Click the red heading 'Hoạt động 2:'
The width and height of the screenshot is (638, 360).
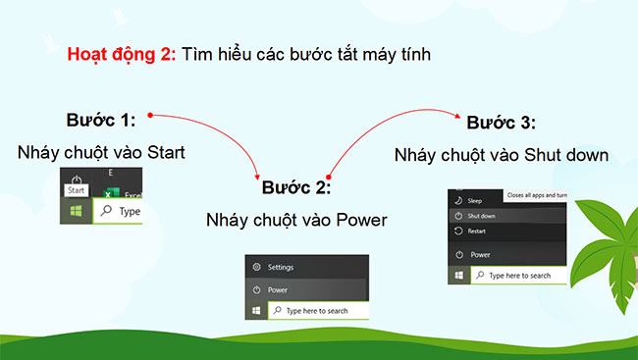[121, 54]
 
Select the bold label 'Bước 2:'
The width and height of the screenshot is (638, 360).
[295, 186]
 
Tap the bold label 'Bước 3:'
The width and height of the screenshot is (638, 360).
[501, 123]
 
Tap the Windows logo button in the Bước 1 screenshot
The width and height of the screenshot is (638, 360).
[76, 210]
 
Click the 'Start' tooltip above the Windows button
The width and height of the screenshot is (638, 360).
[77, 190]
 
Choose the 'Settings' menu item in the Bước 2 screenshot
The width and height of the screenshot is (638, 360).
[280, 267]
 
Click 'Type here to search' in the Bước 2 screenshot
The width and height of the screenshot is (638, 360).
[316, 311]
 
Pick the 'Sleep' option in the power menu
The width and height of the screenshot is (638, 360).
[475, 199]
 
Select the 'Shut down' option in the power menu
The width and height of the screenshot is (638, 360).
[481, 216]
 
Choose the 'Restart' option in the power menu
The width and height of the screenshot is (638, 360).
[478, 231]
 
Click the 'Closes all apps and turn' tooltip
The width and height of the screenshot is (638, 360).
[538, 197]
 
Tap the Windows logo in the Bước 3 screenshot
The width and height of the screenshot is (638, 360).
[457, 277]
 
